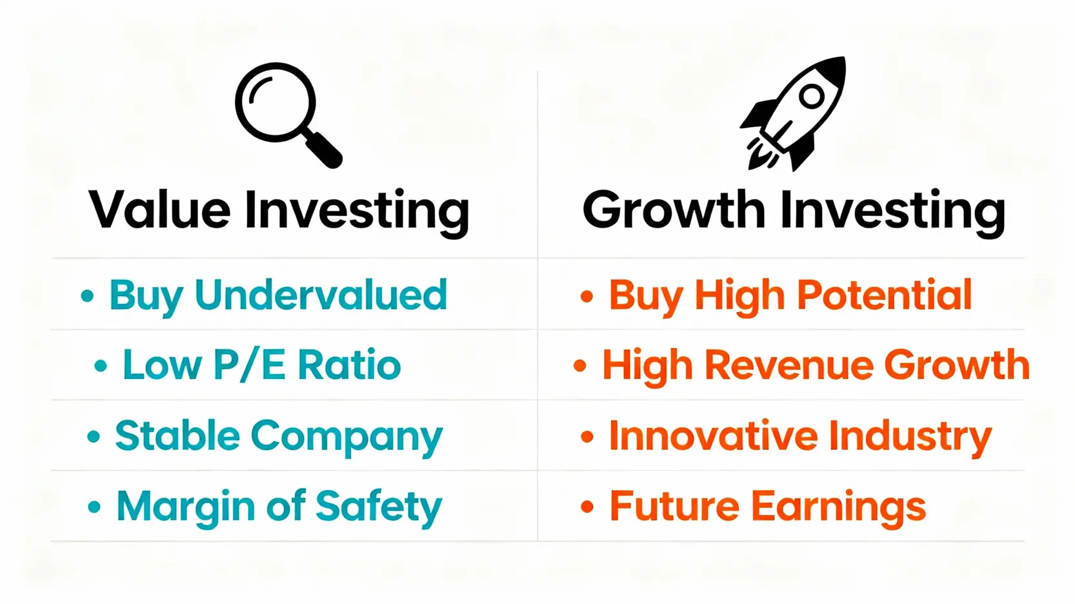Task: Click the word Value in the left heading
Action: coord(160,210)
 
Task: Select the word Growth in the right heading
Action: coord(674,210)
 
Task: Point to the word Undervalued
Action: coord(321,295)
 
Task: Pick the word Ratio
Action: coord(349,365)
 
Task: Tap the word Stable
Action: coord(177,434)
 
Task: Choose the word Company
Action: coord(347,437)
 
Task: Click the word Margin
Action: coord(186,507)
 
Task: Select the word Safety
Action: coord(379,507)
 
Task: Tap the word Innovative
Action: coord(714,434)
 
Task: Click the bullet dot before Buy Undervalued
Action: coord(87,295)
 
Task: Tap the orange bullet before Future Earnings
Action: coord(587,506)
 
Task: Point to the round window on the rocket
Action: coord(812,96)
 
